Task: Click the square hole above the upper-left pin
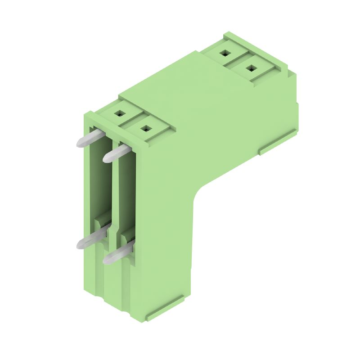(119, 114)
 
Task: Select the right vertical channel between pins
(127, 198)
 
